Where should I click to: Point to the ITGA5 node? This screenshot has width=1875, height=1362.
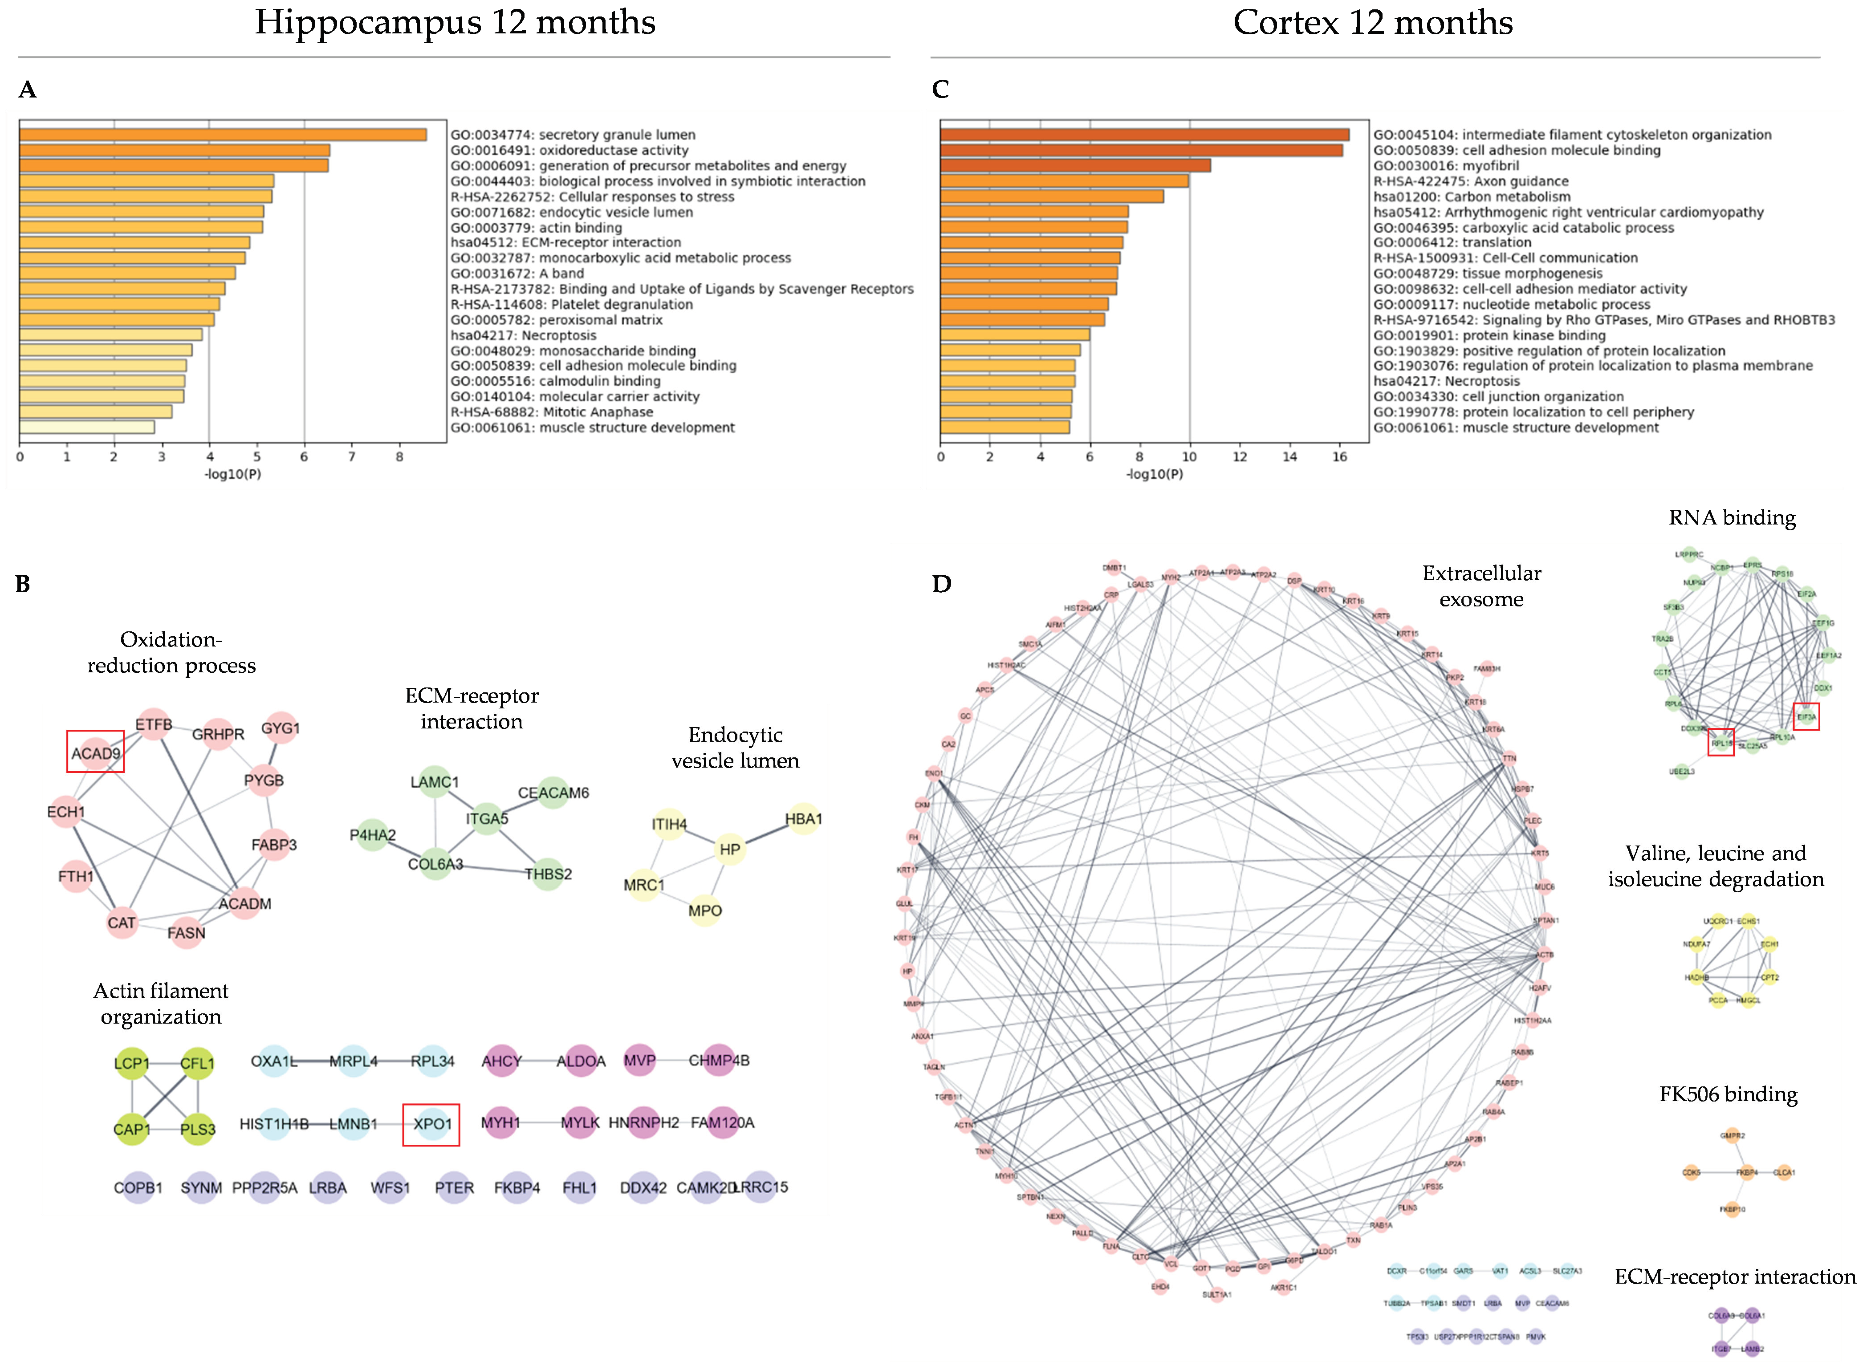pyautogui.click(x=487, y=819)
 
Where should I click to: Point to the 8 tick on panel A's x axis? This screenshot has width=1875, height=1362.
pyautogui.click(x=399, y=457)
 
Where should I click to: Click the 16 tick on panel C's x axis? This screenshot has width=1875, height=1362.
pyautogui.click(x=1339, y=457)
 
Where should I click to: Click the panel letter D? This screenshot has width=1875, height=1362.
pyautogui.click(x=942, y=584)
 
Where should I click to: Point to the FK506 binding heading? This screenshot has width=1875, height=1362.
pyautogui.click(x=1728, y=1095)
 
